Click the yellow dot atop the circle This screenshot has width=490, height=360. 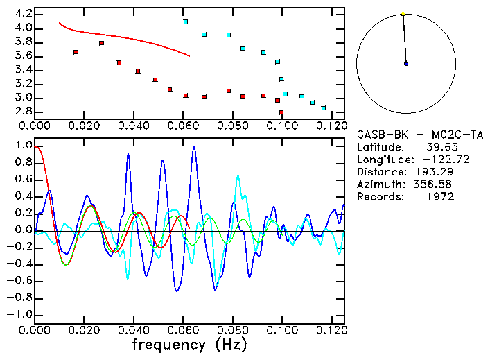pos(403,13)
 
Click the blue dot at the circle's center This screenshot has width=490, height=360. pos(406,64)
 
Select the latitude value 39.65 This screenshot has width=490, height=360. pos(439,147)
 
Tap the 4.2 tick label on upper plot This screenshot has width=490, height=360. pos(24,14)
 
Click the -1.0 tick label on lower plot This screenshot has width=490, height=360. pos(21,314)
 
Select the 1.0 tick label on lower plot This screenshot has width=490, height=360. pos(24,146)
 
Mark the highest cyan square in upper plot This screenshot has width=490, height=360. pos(185,22)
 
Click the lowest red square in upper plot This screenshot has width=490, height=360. pos(281,112)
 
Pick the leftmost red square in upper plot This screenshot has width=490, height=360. pos(76,52)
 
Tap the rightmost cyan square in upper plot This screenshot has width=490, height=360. pos(323,108)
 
